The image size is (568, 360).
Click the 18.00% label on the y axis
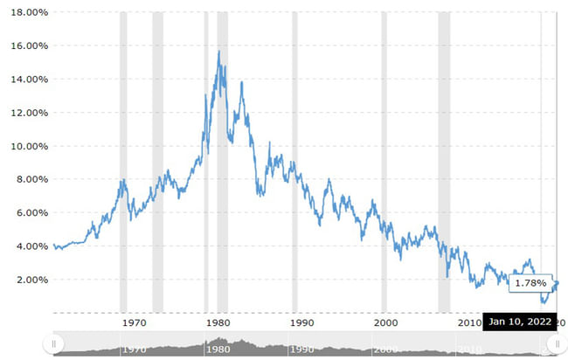[x=26, y=13]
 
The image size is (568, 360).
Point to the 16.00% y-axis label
[x=26, y=46]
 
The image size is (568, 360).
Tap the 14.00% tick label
[x=26, y=80]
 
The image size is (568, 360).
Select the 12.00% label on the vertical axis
[x=26, y=113]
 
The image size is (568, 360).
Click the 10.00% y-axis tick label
[x=26, y=147]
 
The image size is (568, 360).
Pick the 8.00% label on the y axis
[x=29, y=180]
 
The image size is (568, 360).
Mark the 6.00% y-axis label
[x=29, y=213]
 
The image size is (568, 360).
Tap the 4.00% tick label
[x=29, y=246]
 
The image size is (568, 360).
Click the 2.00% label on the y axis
[x=29, y=280]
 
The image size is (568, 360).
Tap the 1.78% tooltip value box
[x=530, y=283]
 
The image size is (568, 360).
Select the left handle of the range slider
[x=54, y=345]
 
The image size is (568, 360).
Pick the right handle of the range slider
[x=552, y=345]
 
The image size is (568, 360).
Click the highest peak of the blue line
[x=218, y=52]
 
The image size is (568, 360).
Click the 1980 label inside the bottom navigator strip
[x=218, y=350]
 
